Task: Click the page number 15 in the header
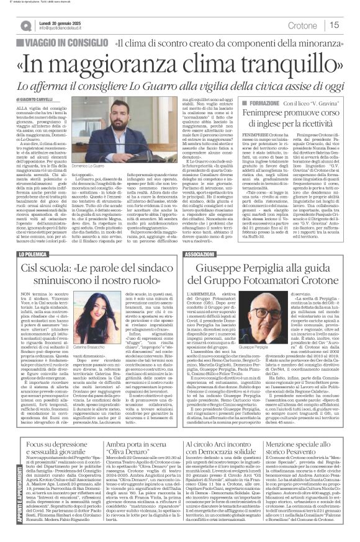(334, 25)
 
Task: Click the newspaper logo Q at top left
(25, 25)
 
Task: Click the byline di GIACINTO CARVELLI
(42, 99)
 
